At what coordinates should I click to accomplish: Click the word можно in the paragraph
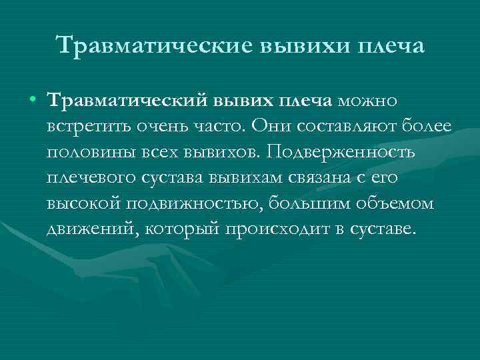point(367,101)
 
